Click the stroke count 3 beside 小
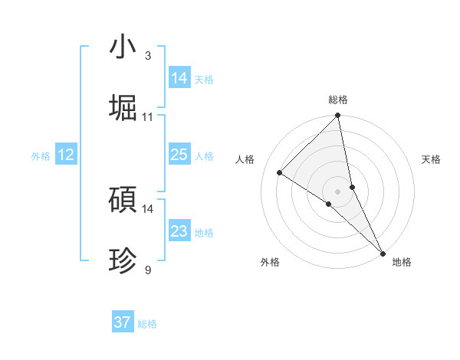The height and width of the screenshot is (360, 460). [147, 56]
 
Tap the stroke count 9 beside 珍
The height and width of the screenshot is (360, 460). [147, 270]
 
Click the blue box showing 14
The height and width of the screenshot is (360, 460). [179, 78]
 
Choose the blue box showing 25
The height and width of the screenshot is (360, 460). [179, 155]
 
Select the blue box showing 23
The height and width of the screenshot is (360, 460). [179, 231]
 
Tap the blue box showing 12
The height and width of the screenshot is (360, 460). [66, 155]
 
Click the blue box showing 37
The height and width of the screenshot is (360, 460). [123, 322]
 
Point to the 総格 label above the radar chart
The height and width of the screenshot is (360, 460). [338, 100]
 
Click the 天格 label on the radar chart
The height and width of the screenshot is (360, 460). [431, 159]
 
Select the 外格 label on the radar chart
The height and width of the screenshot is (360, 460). [270, 262]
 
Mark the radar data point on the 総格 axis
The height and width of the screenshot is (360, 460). [338, 116]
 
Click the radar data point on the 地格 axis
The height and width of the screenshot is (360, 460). [383, 253]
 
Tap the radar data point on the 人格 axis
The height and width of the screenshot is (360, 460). [280, 172]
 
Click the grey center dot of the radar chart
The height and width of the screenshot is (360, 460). [338, 191]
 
